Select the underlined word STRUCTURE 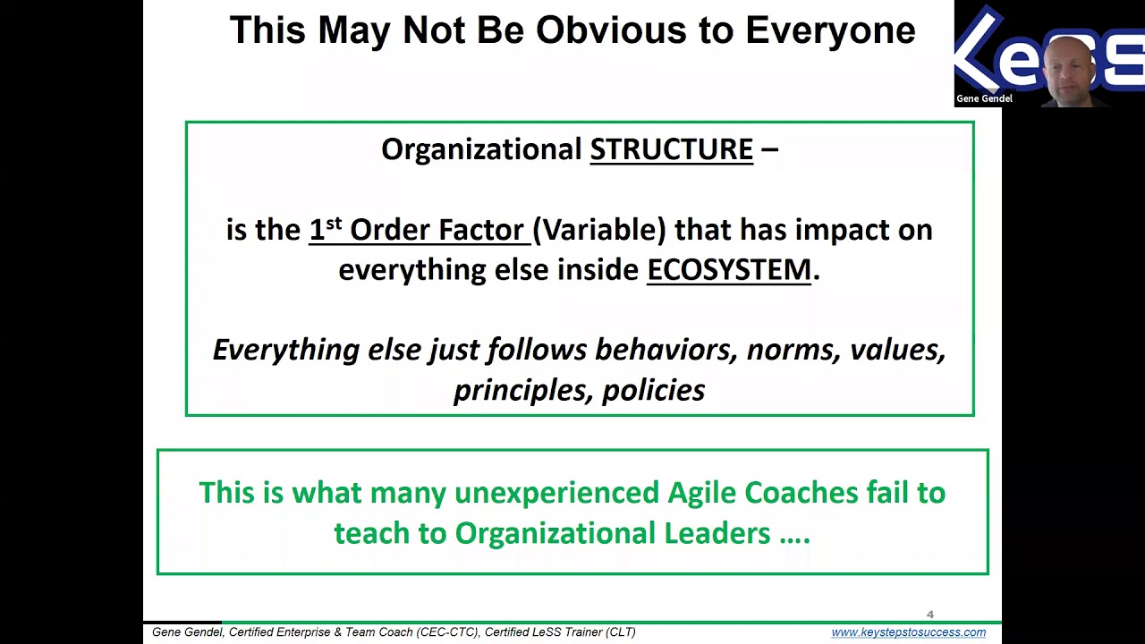(671, 149)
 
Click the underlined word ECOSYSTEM (728, 270)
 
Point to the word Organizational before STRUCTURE (481, 149)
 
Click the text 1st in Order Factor (326, 230)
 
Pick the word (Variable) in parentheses (599, 230)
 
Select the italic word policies (653, 391)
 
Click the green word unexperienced (557, 493)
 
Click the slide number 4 (930, 614)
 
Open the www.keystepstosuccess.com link (908, 632)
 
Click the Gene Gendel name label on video (984, 98)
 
